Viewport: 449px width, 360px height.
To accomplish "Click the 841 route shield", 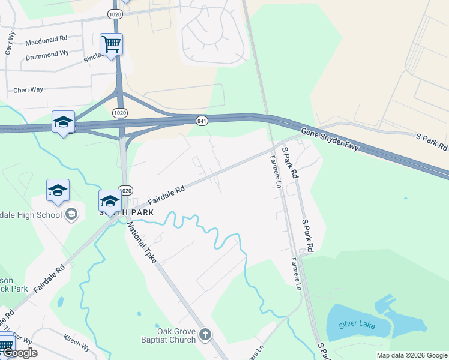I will (202, 121).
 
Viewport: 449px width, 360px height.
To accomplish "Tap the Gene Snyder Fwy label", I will (329, 139).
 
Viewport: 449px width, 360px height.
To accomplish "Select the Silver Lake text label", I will (355, 325).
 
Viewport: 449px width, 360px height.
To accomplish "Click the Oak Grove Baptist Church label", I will (176, 335).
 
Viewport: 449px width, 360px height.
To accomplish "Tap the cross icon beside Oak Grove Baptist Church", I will (205, 334).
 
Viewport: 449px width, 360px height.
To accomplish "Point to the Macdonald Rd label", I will (46, 41).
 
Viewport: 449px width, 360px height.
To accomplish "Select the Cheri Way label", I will (28, 90).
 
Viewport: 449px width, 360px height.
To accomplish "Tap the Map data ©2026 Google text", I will (412, 355).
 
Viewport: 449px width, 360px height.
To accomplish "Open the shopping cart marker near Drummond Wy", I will (112, 44).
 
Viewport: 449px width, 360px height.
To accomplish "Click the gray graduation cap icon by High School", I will (71, 214).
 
